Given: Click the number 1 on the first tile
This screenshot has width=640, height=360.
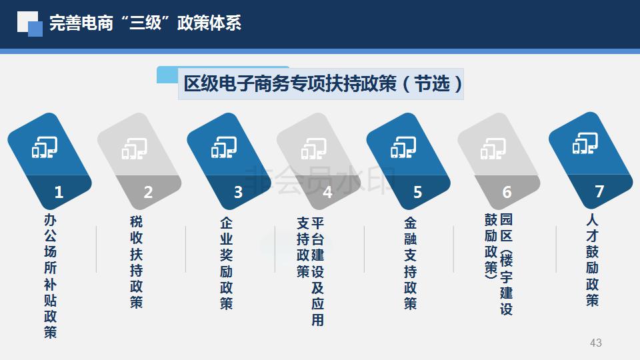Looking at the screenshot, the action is coord(59,192).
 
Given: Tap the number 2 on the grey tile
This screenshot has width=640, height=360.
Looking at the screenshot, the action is coord(148,192).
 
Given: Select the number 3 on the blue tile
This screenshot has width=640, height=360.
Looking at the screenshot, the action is coord(238,192).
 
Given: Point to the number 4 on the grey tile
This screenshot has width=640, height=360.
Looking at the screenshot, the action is coord(327,192).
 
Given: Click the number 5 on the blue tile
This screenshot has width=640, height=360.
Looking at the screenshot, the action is coord(417,192).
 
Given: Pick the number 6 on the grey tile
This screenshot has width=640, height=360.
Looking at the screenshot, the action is coord(507,192).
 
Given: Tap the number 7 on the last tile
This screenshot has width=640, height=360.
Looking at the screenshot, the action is coord(599,191).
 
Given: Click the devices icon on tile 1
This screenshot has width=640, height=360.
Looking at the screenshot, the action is coord(45,147).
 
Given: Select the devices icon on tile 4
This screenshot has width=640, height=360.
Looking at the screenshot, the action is coord(313,148).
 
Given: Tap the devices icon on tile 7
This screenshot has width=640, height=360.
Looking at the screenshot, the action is coord(585,143).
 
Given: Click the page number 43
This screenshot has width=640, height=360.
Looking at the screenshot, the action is coord(595,343).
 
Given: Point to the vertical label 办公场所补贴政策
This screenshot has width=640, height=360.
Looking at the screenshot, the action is coord(50,276).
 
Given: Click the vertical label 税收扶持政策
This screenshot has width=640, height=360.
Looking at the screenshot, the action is coord(136,261).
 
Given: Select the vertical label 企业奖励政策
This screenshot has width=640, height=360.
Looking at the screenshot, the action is coord(226,263).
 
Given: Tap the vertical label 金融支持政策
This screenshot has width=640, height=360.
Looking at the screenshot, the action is coord(410,263).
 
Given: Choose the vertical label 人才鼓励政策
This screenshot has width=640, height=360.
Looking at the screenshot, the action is coord(592,260).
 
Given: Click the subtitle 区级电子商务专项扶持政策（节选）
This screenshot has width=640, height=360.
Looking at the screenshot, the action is coord(323,84).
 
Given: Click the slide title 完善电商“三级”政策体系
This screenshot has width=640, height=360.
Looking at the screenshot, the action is coord(145,23).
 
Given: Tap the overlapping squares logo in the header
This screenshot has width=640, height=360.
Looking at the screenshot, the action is coord(30,24).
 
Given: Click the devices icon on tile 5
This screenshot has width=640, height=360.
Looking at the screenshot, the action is coord(403,147).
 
